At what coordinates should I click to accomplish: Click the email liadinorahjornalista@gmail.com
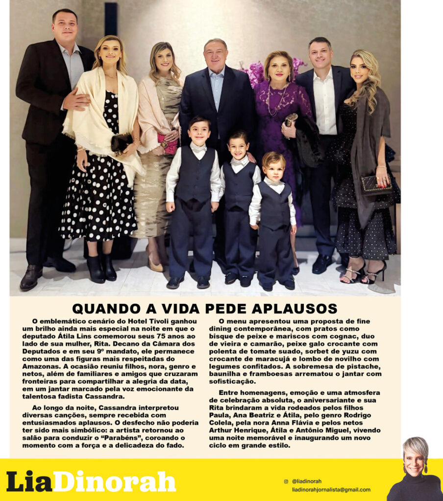(x=331, y=489)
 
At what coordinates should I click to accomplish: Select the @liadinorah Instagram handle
(x=307, y=481)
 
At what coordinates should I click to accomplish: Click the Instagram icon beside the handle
(x=286, y=481)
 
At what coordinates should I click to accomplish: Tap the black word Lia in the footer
(x=28, y=481)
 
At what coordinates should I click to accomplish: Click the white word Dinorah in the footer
(x=114, y=481)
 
